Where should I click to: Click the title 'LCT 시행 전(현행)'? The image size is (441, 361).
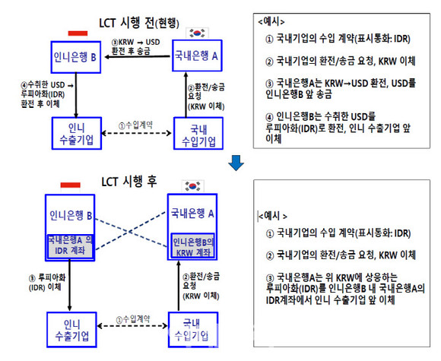coord(139,23)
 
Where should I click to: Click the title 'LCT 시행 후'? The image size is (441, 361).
coord(128,182)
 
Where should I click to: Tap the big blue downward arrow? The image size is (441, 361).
coord(236,163)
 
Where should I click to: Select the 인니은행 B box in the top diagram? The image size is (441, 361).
coord(76,57)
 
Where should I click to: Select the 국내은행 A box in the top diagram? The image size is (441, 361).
coord(197,55)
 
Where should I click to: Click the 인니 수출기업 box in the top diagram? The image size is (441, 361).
coord(77,133)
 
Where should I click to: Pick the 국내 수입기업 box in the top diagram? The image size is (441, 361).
coord(198,133)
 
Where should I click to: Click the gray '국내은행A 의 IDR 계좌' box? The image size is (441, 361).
coord(70,246)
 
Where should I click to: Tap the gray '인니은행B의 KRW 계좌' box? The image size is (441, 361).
coord(192,245)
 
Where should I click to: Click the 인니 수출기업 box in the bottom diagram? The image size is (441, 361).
coord(71,330)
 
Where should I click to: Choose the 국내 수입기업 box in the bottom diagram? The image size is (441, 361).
coord(193,330)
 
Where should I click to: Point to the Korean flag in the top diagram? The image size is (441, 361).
coord(197,33)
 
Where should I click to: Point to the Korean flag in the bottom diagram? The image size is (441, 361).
coord(192,186)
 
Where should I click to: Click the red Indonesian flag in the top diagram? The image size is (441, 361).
coord(78,33)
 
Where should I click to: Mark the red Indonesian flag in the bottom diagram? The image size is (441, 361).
coord(70,185)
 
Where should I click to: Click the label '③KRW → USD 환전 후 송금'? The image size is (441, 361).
coord(135,46)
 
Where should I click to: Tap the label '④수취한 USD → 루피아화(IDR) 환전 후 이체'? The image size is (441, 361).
coord(47,94)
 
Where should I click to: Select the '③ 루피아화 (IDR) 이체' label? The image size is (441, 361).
coord(47,283)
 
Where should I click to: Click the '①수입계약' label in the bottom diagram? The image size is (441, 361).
coord(133,319)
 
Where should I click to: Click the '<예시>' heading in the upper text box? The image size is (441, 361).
coord(271,21)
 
